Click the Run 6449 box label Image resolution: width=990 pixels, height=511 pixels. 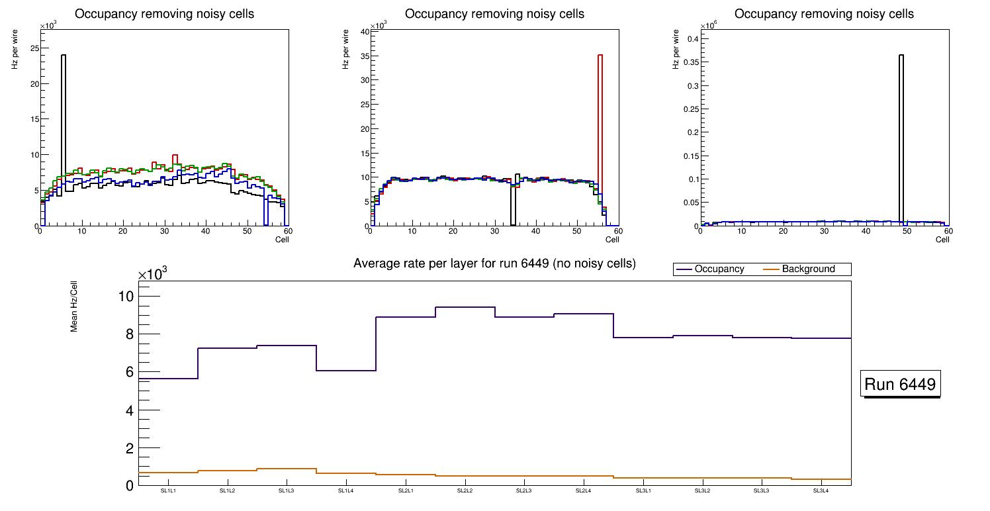click(900, 384)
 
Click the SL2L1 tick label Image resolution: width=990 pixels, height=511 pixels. click(406, 490)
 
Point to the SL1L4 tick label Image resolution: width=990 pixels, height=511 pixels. click(346, 490)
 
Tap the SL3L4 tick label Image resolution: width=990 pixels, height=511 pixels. click(821, 490)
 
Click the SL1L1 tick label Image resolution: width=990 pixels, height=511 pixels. click(168, 490)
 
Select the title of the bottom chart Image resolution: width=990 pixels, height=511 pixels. click(494, 263)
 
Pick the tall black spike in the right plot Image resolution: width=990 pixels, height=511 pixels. click(901, 132)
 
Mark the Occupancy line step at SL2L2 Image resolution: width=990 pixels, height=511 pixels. click(465, 307)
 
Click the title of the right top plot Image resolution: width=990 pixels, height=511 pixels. click(825, 14)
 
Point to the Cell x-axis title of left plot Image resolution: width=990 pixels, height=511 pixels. click(282, 240)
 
